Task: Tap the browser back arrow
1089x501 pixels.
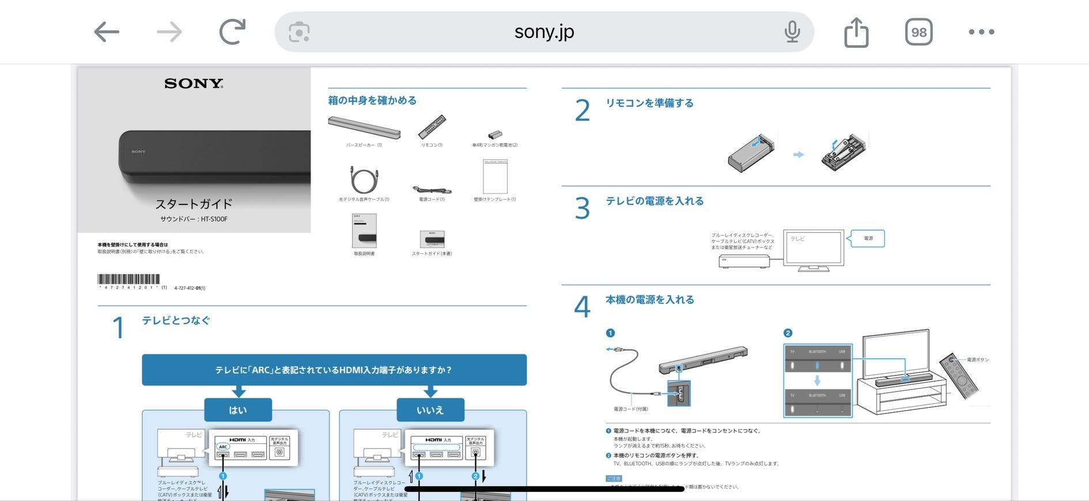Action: coord(107,32)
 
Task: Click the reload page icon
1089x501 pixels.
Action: coord(232,32)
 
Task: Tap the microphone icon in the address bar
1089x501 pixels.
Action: coord(792,32)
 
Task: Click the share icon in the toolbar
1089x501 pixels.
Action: coord(856,32)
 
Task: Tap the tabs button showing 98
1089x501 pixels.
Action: coord(918,32)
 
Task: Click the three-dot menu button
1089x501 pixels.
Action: coord(981,32)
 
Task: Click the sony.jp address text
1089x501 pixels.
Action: coord(544,32)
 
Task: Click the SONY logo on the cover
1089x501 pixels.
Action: coord(194,84)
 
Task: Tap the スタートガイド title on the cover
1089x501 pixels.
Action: coord(194,204)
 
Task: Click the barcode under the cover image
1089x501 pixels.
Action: coord(128,279)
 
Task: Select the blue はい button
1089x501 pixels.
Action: coord(238,410)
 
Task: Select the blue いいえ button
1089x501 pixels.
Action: coord(430,410)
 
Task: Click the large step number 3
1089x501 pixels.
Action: coord(583,208)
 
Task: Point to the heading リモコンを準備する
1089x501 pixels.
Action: coord(649,103)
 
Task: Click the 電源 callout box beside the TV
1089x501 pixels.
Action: coord(868,238)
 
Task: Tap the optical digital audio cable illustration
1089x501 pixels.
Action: coord(364,180)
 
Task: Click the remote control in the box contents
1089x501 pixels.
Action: coord(432,127)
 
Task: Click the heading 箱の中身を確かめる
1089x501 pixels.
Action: coord(372,100)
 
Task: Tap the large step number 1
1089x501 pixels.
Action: coord(118,328)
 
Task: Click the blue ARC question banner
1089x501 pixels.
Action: coord(334,370)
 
